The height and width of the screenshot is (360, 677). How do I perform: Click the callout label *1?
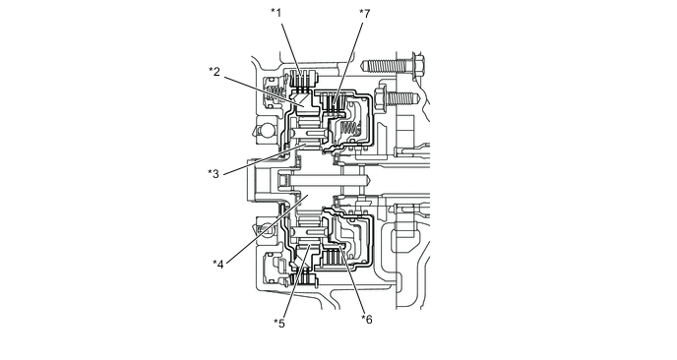pyautogui.click(x=277, y=13)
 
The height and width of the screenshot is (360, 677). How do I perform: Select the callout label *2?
pyautogui.click(x=215, y=72)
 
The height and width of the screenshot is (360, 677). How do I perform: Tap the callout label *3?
pyautogui.click(x=214, y=174)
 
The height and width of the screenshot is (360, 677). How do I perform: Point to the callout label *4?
pyautogui.click(x=218, y=265)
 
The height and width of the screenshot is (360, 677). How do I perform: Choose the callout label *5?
pyautogui.click(x=279, y=324)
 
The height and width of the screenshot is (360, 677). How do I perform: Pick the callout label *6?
pyautogui.click(x=367, y=320)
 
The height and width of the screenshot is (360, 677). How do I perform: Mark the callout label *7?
pyautogui.click(x=365, y=14)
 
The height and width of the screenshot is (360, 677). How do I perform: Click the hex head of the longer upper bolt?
pyautogui.click(x=418, y=66)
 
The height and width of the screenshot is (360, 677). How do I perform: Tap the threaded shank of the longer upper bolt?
pyautogui.click(x=387, y=66)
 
